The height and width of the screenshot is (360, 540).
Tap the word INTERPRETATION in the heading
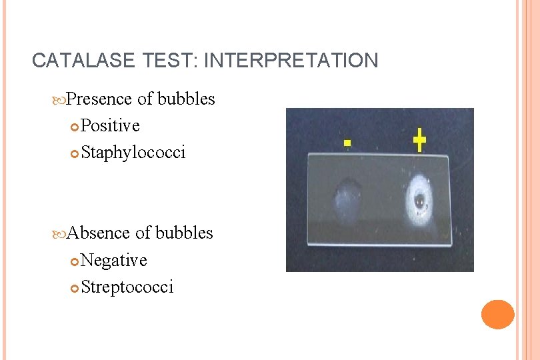tap(291, 61)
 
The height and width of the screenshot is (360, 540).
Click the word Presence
tap(100, 99)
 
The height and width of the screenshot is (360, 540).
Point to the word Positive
tap(111, 126)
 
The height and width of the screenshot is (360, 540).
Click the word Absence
tap(99, 233)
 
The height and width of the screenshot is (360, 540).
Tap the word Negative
tap(114, 260)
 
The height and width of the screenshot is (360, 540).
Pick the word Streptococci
tap(127, 287)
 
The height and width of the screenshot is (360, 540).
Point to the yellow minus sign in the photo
tap(347, 143)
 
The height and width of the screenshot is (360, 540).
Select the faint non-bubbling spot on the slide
tap(347, 197)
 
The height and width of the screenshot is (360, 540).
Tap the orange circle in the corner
tap(498, 314)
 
